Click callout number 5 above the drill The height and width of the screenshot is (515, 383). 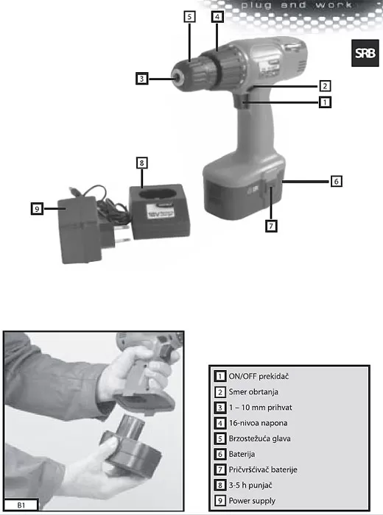coord(189,16)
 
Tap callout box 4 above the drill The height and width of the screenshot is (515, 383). coord(217,16)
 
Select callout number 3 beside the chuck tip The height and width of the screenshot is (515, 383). coord(141,79)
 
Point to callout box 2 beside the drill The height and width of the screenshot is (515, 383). coord(325,86)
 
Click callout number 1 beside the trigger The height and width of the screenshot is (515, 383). coord(325,102)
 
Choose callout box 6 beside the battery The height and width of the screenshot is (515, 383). coord(336,181)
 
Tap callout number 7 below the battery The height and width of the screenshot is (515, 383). coord(271,227)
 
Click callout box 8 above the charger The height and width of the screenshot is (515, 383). coord(141,163)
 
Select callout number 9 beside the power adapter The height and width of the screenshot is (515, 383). coord(37,209)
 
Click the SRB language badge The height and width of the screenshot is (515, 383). coord(365,53)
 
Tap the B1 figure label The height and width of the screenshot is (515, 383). coord(21,505)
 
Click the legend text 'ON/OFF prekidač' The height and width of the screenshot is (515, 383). coord(259,377)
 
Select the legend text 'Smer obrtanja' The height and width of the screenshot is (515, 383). coord(253,392)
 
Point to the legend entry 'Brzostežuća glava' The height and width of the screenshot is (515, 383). coord(260,438)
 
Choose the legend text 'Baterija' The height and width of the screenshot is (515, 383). coord(242,454)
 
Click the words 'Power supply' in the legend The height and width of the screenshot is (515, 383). coord(252,501)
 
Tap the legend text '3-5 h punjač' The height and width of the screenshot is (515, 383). coord(250,485)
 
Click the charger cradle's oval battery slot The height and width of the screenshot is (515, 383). coord(155,193)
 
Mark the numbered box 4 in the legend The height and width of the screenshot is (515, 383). coord(220,423)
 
